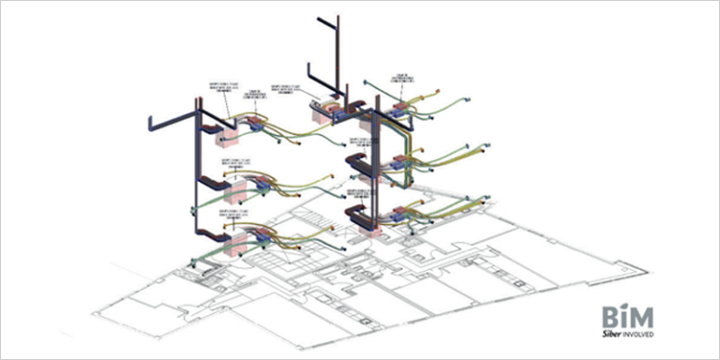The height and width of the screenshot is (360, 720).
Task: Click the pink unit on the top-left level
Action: tap(228, 136)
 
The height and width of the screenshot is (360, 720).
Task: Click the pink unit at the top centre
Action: tap(330, 112)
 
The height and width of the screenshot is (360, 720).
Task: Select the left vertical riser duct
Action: tap(197, 178)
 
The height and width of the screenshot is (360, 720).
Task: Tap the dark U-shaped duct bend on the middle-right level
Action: tap(361, 165)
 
